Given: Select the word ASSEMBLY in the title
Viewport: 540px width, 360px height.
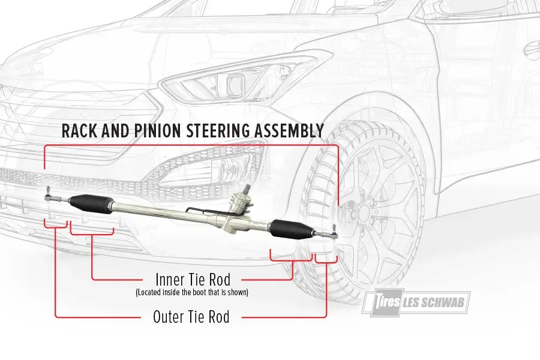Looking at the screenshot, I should (x=293, y=131).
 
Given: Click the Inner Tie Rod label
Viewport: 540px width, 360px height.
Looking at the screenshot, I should (x=192, y=280).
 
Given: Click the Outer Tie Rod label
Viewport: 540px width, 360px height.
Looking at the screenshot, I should (x=191, y=317).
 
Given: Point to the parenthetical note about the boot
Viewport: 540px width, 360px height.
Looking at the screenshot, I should (x=192, y=293).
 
